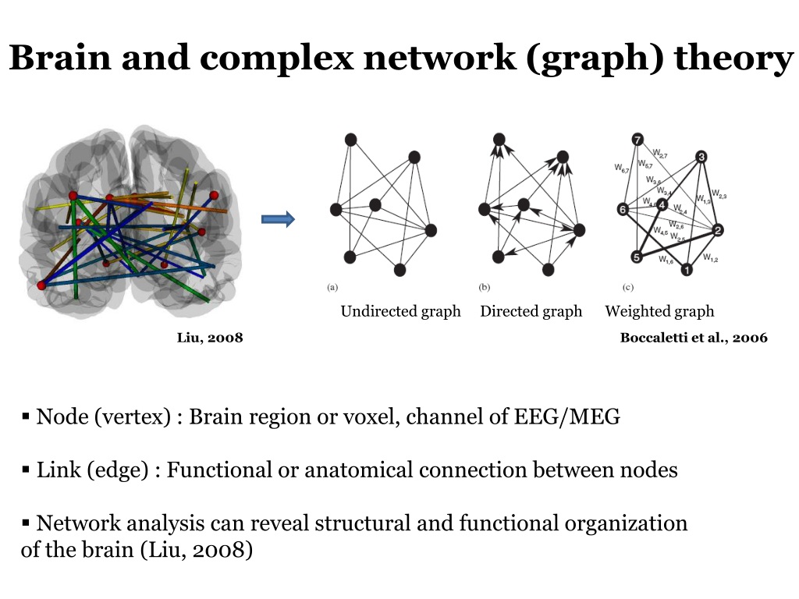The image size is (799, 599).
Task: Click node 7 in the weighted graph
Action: (x=638, y=140)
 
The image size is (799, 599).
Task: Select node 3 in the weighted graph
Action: (x=701, y=157)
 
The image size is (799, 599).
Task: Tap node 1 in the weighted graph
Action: (x=687, y=270)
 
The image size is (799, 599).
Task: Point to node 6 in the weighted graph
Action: (x=623, y=209)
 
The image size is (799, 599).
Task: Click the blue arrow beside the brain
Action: (x=278, y=220)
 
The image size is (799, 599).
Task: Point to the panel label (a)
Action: (x=332, y=286)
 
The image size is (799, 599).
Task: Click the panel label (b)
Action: (x=484, y=286)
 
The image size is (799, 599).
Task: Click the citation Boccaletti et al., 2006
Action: (x=694, y=338)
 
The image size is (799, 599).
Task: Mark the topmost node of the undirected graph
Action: (x=351, y=139)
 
